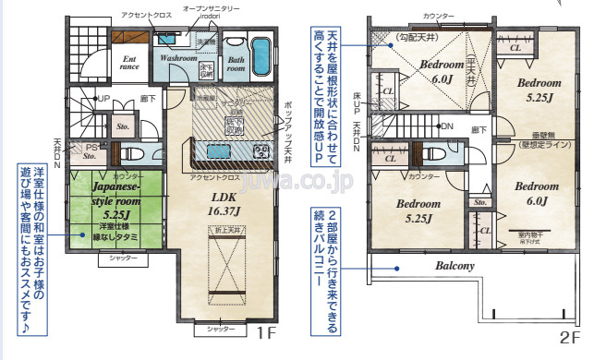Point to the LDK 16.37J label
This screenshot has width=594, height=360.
coord(225,203)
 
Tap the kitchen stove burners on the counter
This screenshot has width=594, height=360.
coord(261,150)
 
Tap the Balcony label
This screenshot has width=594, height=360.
coord(454,267)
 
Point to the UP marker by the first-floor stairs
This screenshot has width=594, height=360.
coord(103,99)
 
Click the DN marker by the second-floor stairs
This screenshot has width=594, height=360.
coord(448,126)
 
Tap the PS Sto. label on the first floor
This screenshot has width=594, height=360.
coord(91,152)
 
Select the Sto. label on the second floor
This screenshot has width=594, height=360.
coord(479,201)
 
